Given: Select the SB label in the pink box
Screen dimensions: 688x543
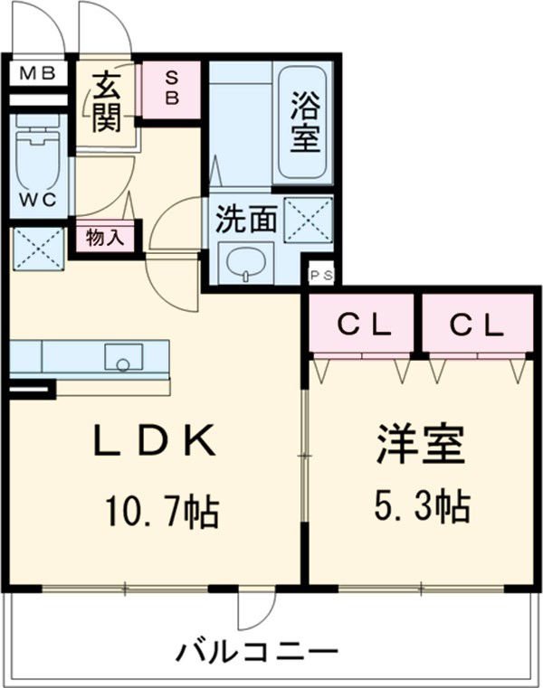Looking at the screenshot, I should (x=172, y=87).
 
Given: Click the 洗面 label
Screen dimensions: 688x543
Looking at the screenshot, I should (x=244, y=218).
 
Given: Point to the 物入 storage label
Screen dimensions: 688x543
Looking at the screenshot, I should (x=104, y=238).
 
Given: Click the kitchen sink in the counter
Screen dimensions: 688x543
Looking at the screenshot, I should (x=120, y=357).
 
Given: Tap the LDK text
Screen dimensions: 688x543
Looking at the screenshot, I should (x=156, y=443).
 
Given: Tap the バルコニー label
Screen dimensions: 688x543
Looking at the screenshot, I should (x=257, y=650).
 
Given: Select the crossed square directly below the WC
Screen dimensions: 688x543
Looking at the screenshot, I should (x=37, y=248).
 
